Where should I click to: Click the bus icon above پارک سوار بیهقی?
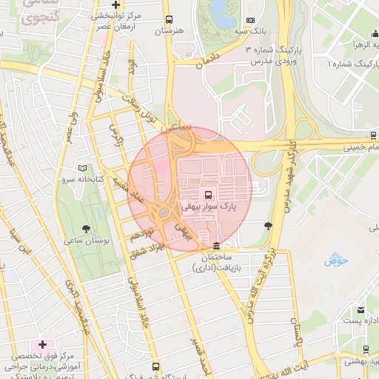click(207, 195)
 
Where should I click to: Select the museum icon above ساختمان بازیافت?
click(216, 246)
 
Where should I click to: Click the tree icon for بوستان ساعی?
click(87, 229)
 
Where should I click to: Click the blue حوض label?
click(335, 261)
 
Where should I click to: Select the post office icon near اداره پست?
click(360, 309)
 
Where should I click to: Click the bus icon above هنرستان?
click(169, 20)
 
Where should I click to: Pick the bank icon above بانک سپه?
click(251, 20)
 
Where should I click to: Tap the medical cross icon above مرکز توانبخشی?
click(115, 4)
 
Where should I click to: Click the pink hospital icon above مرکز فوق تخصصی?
click(42, 344)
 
